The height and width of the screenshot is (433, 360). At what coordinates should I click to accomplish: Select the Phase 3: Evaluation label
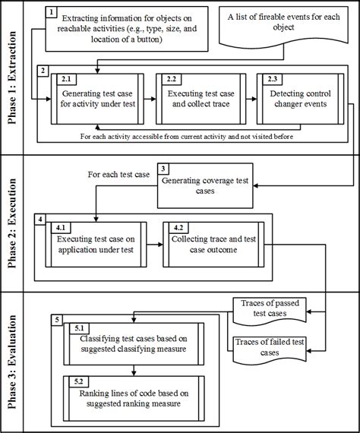point(12,362)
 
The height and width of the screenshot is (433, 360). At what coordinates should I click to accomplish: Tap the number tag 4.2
point(178,226)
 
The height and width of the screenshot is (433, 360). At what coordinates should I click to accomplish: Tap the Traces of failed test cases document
point(270,348)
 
